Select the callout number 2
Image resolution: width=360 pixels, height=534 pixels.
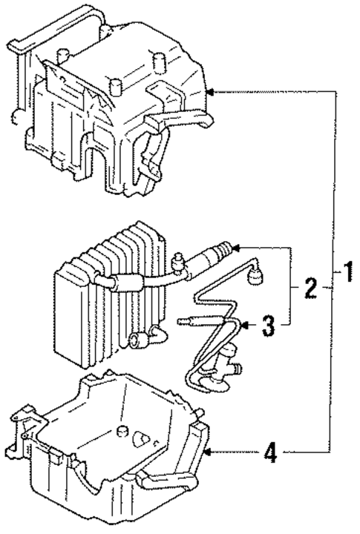pos(310,288)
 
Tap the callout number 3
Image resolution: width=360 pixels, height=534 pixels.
pos(269,324)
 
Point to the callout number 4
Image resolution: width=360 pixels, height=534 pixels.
pos(271,452)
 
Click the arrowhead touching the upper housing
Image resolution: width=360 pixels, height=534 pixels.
pos(210,92)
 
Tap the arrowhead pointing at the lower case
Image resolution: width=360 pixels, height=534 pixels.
pos(209,451)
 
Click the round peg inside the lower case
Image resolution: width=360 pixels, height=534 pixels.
pos(139,439)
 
